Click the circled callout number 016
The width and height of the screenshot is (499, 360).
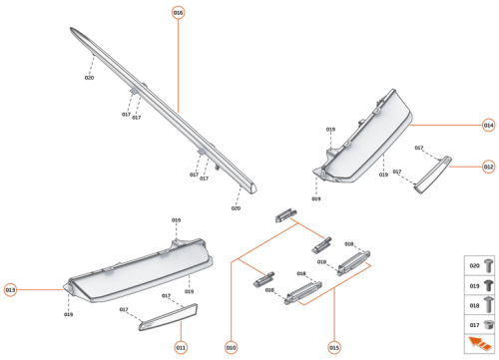tap(178, 12)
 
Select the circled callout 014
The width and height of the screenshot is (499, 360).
tap(488, 126)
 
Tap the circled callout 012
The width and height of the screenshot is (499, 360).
tap(488, 167)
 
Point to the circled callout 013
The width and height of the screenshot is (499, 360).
tap(11, 289)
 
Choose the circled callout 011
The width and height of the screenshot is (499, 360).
tap(181, 347)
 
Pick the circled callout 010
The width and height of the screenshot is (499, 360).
tap(231, 347)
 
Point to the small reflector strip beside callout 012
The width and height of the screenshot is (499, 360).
tap(433, 175)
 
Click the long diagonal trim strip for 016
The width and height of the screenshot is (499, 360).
tap(165, 110)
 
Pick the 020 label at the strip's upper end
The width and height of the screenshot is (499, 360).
tap(89, 77)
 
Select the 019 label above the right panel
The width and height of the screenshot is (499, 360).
tap(329, 130)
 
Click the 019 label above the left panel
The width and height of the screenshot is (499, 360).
tap(176, 219)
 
